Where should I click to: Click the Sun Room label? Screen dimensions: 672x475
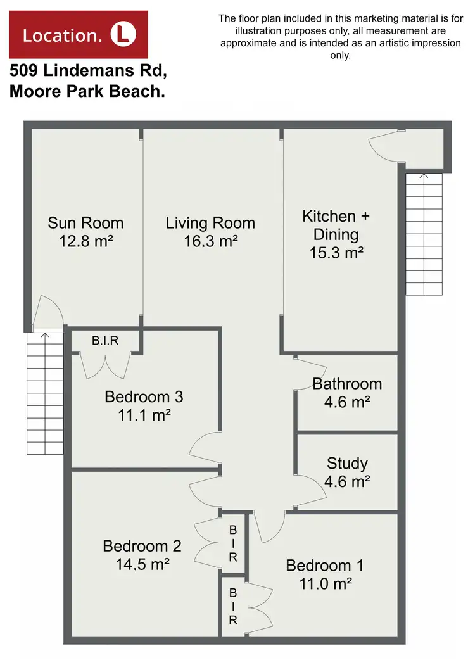coord(85,223)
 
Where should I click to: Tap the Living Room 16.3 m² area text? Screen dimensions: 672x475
coord(210,241)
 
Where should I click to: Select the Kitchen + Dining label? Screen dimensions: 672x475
coord(336,225)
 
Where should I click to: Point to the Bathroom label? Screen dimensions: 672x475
coord(347,384)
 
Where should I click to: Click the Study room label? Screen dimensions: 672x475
coord(347,463)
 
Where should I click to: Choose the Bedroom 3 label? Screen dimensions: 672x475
coord(144,397)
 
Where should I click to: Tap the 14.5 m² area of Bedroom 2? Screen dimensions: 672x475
coord(142,564)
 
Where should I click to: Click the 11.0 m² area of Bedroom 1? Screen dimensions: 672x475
coord(326,583)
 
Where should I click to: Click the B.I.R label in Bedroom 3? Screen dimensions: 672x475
coord(105,341)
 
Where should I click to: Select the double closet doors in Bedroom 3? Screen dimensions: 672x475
coord(106,365)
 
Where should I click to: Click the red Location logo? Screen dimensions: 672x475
coord(79,35)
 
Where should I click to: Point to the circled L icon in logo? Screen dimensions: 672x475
coord(123,34)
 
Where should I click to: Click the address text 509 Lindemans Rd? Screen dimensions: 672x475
coord(88,70)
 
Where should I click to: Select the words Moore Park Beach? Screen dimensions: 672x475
coord(87,91)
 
